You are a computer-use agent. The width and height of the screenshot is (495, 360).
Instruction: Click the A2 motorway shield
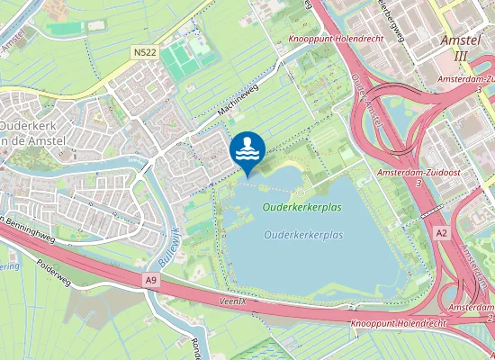click(441, 233)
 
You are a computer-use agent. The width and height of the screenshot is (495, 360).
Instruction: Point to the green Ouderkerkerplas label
click(303, 207)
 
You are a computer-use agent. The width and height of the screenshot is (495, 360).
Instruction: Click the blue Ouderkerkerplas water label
click(304, 235)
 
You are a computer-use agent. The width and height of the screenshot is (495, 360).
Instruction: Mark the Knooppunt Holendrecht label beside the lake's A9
click(385, 322)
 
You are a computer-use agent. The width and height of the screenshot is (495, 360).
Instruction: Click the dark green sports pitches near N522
click(184, 56)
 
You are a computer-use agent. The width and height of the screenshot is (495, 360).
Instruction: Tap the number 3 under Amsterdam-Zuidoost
click(418, 183)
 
